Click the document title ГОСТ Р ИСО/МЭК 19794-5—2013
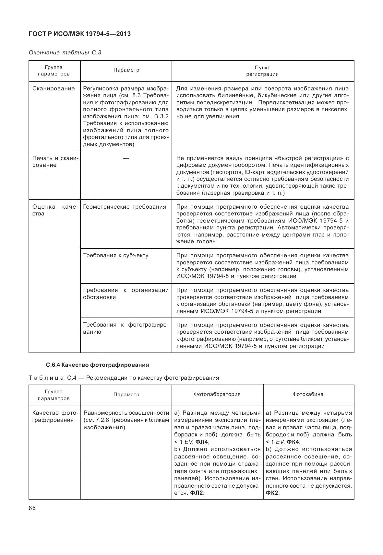(80, 34)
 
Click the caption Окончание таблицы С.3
(65, 52)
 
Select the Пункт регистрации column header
(262, 71)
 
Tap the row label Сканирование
(54, 88)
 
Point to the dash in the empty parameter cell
(126, 158)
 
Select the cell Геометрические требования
(125, 207)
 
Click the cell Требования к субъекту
(116, 255)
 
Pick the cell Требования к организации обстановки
(126, 294)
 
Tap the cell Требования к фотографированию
(126, 328)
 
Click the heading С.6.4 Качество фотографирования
(97, 365)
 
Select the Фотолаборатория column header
(217, 394)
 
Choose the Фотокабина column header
(308, 394)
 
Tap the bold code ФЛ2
(196, 493)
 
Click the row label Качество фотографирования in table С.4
(55, 416)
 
